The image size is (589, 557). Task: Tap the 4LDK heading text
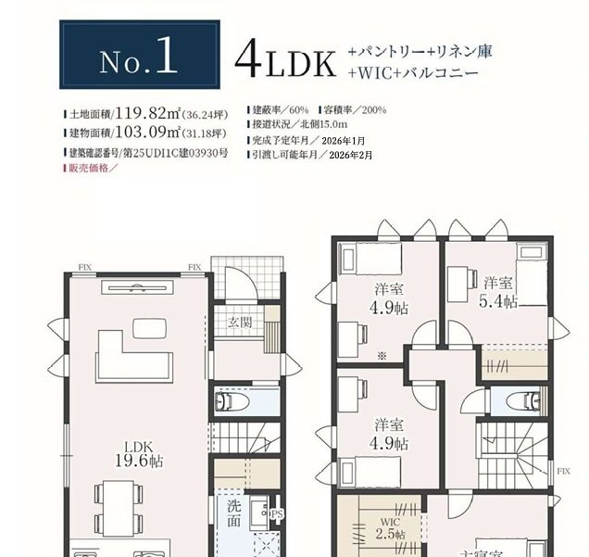click(x=285, y=60)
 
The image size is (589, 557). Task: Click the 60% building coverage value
click(x=299, y=110)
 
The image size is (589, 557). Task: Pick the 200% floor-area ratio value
click(x=374, y=110)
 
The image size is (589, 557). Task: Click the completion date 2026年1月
click(x=343, y=141)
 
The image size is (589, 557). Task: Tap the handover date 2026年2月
click(x=350, y=155)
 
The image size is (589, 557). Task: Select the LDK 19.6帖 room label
click(x=139, y=454)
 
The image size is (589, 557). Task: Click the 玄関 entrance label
click(x=240, y=323)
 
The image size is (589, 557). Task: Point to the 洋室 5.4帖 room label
click(x=498, y=292)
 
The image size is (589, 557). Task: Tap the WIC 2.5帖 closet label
click(x=390, y=528)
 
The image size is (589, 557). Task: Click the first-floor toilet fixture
click(x=232, y=402)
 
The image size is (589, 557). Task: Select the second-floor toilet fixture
click(x=523, y=400)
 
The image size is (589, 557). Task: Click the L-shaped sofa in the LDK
click(x=133, y=357)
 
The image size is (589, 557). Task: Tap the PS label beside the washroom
click(x=277, y=514)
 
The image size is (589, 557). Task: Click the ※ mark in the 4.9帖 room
click(x=382, y=356)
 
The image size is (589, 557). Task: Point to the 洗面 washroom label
click(x=233, y=513)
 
